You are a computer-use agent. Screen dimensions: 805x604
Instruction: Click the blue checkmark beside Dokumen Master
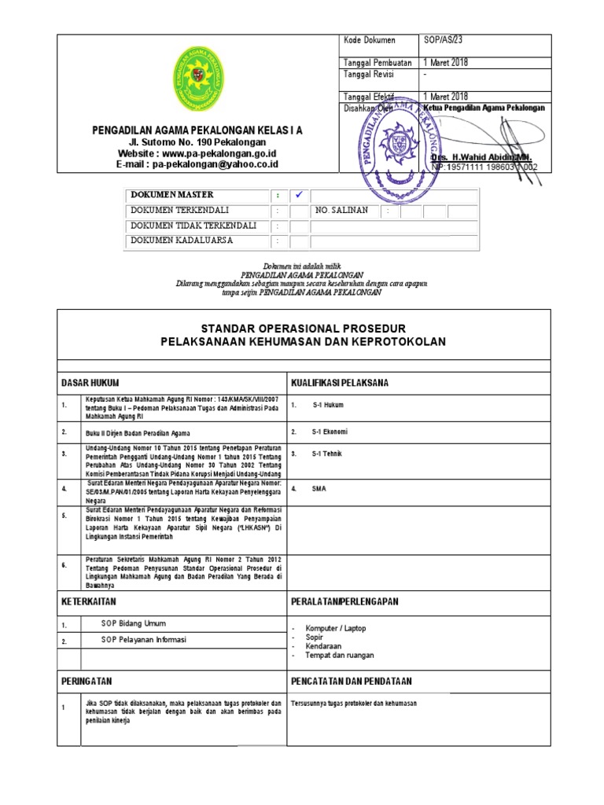pyautogui.click(x=298, y=194)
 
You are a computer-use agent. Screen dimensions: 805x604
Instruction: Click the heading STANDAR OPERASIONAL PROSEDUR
pyautogui.click(x=303, y=328)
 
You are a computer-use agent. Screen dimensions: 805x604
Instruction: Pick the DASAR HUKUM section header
pyautogui.click(x=90, y=382)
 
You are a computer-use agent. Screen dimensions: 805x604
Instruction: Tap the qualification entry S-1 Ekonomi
pyautogui.click(x=330, y=432)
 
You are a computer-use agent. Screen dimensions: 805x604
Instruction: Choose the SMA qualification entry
pyautogui.click(x=319, y=488)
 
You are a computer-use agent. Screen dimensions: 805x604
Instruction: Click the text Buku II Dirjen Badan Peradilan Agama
pyautogui.click(x=138, y=433)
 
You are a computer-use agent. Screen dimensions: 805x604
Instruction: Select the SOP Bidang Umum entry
pyautogui.click(x=133, y=623)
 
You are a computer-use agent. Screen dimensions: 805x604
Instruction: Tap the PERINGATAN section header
pyautogui.click(x=87, y=681)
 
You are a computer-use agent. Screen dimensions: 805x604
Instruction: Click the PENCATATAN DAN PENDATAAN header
pyautogui.click(x=352, y=681)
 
